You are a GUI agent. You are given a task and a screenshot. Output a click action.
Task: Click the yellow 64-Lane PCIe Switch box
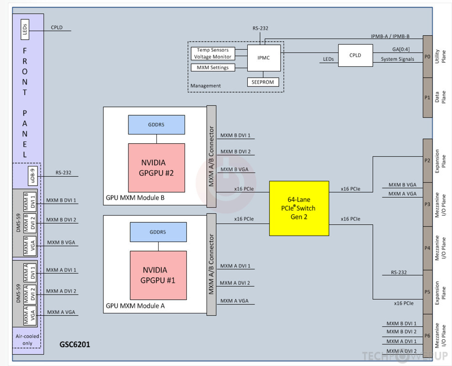[x=299, y=208]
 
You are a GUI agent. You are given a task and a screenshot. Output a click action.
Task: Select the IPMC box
[x=264, y=58]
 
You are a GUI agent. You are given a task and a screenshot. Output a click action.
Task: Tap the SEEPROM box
[x=263, y=82]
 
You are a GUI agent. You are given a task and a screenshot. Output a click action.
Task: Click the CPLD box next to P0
[x=355, y=55]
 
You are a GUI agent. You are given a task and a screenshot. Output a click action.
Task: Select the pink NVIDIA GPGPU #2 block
[x=156, y=167]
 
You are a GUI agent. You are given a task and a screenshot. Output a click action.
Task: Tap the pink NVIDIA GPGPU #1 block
[x=158, y=275]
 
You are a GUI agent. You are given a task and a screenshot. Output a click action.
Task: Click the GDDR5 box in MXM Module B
[x=156, y=124]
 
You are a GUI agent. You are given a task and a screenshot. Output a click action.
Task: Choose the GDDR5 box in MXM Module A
[x=158, y=232]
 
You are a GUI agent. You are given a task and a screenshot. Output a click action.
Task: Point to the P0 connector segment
[x=427, y=57]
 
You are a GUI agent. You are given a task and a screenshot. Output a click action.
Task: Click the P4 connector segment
[x=427, y=248]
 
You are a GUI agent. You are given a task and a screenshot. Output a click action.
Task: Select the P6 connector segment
[x=427, y=336]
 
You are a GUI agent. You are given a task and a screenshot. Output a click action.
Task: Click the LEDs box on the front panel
[x=25, y=30]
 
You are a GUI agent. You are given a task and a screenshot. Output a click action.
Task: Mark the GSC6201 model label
[x=75, y=344]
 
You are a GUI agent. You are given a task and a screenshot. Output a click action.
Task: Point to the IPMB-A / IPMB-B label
[x=390, y=36]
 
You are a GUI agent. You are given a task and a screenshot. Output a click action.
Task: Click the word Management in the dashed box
[x=205, y=86]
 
